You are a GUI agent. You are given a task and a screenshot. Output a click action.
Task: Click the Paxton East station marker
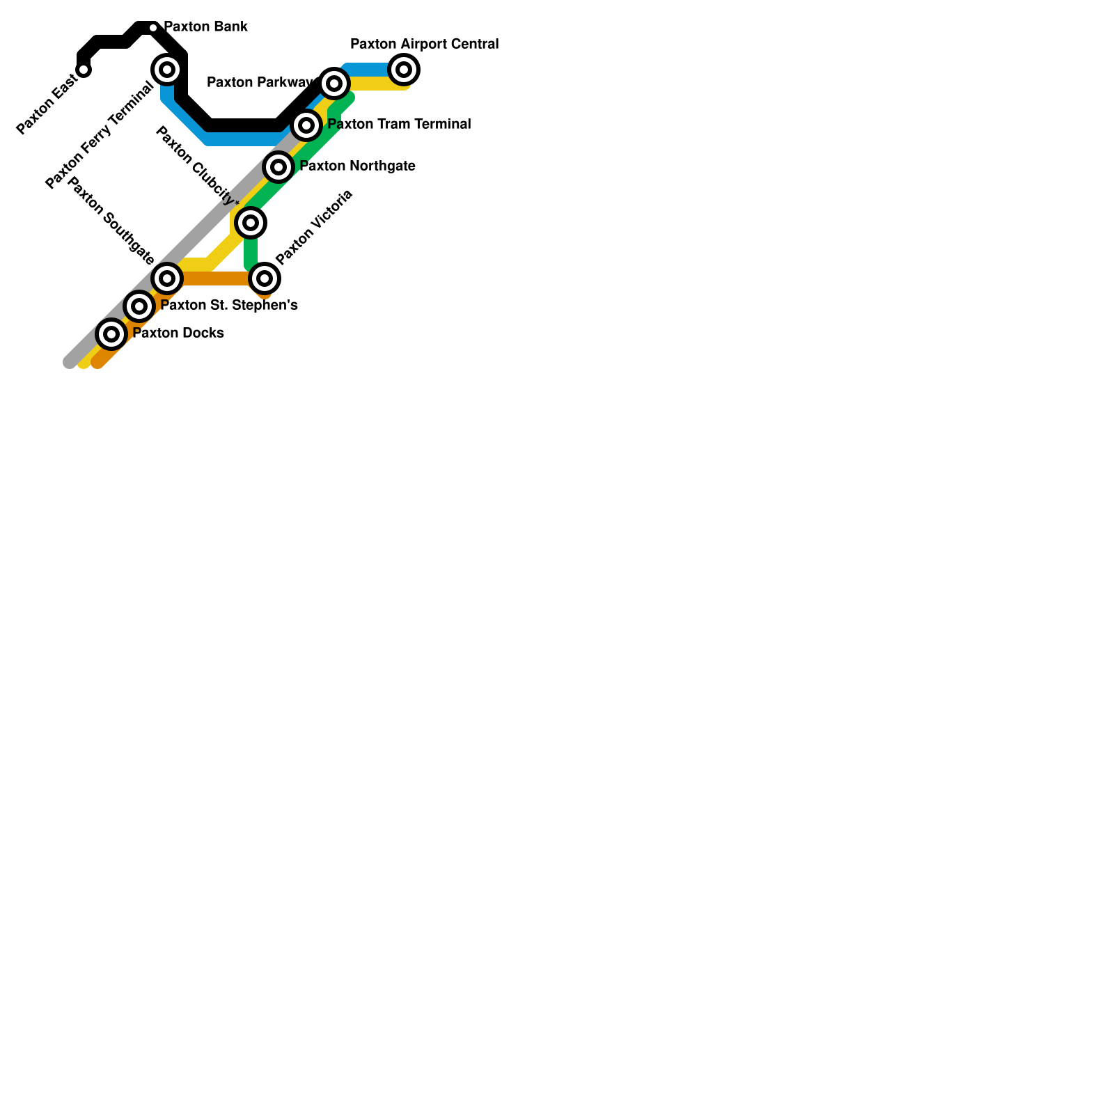click(x=84, y=70)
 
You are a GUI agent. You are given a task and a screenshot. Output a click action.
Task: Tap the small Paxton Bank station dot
click(x=153, y=28)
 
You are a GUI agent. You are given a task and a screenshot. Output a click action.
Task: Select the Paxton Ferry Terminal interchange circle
click(x=167, y=70)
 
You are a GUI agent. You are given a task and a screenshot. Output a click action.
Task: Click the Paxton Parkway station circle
click(x=334, y=84)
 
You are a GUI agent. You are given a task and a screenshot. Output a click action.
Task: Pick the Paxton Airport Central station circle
click(x=404, y=70)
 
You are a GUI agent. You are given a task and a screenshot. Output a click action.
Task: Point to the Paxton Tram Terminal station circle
click(x=306, y=125)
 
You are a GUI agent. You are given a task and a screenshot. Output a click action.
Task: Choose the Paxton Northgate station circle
click(x=278, y=167)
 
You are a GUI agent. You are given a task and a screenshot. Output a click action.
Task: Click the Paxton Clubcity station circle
click(x=251, y=223)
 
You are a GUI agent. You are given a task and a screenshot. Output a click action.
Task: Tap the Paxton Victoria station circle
click(x=265, y=278)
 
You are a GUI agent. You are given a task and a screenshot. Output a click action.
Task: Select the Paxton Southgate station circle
click(x=167, y=278)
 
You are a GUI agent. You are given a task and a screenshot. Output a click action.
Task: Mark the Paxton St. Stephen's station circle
click(x=139, y=306)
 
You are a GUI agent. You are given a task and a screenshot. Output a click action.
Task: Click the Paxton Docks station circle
click(x=111, y=334)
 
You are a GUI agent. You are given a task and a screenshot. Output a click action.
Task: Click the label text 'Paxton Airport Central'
click(x=424, y=45)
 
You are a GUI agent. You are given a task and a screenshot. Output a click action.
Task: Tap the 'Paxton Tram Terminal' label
click(x=399, y=125)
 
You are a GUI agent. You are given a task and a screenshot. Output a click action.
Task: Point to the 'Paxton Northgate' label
click(x=357, y=166)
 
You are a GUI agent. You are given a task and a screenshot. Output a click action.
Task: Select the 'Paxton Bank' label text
click(x=205, y=27)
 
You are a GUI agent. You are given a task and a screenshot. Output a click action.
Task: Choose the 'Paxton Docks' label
click(x=178, y=334)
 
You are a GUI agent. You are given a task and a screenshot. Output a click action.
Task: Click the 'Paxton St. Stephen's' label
click(x=229, y=306)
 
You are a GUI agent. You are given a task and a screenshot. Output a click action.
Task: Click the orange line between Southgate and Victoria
click(x=216, y=278)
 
